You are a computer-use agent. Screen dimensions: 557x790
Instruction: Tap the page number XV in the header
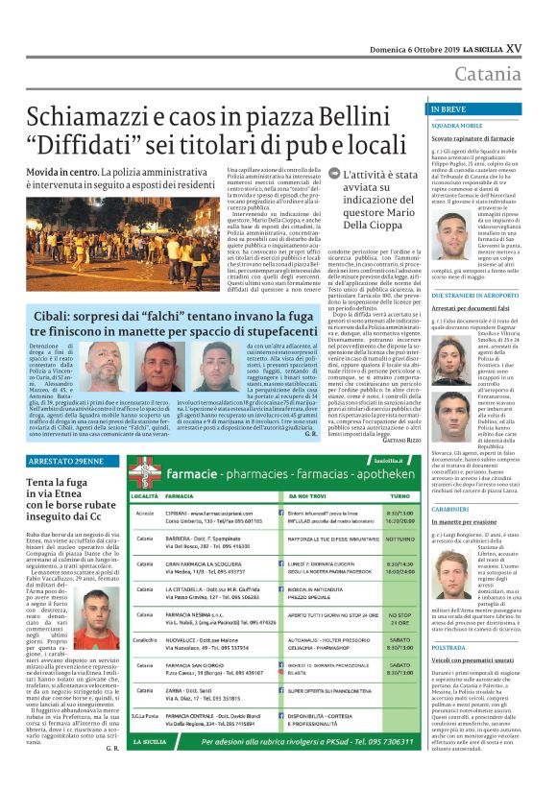pos(541,46)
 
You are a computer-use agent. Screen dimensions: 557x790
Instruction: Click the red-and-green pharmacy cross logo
pos(149,470)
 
